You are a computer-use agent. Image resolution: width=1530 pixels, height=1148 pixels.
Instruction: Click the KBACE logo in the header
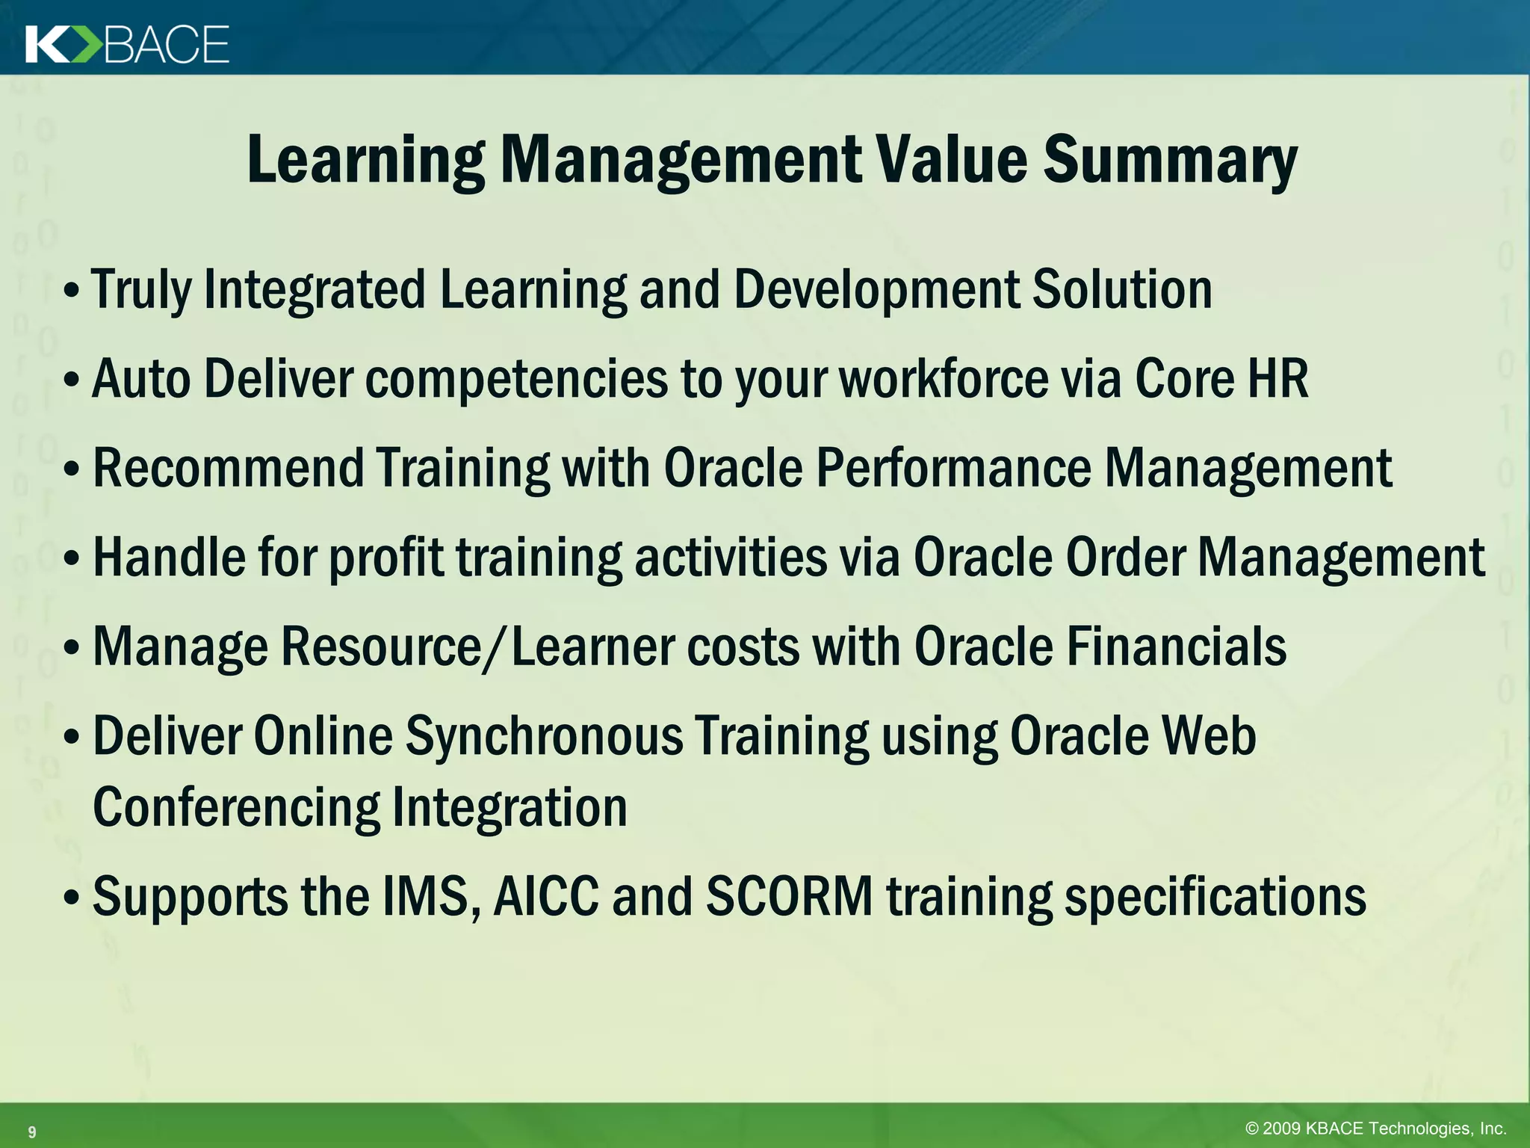click(x=127, y=44)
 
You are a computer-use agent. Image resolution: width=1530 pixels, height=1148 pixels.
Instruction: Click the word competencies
click(x=516, y=379)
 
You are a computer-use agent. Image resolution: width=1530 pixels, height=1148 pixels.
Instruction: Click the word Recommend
click(x=228, y=469)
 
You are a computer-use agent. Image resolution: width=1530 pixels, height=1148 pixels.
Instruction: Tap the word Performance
click(x=953, y=469)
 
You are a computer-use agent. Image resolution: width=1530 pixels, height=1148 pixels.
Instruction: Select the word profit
click(x=386, y=558)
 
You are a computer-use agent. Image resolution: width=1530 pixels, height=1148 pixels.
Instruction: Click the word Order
click(x=1126, y=558)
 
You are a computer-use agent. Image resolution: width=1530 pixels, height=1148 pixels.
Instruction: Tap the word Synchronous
click(x=544, y=736)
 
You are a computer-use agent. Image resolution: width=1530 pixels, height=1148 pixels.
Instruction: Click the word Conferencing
click(x=236, y=808)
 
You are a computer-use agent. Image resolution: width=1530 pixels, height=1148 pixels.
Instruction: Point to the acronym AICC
click(x=546, y=896)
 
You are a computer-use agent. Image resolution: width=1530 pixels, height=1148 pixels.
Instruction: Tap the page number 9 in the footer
click(x=31, y=1132)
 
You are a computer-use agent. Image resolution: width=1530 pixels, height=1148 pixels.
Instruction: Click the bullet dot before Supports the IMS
click(x=72, y=898)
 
